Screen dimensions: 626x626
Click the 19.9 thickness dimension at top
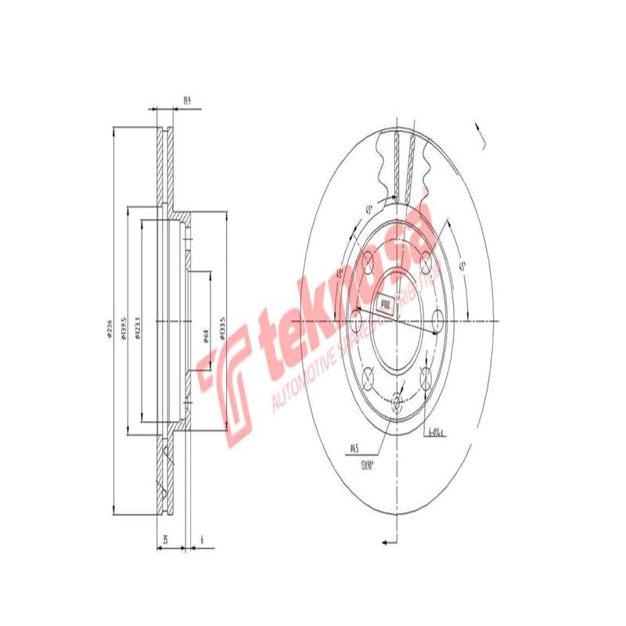pyautogui.click(x=186, y=99)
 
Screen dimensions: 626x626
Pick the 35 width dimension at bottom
pyautogui.click(x=166, y=539)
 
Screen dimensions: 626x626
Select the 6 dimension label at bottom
pyautogui.click(x=201, y=539)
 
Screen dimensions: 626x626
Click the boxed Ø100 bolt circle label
pyautogui.click(x=384, y=303)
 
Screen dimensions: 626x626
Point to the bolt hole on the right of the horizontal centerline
pyautogui.click(x=438, y=321)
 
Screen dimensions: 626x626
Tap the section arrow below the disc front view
pyautogui.click(x=387, y=541)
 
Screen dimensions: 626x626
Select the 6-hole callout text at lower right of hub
pyautogui.click(x=436, y=430)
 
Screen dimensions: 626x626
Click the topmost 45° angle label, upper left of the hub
pyautogui.click(x=367, y=209)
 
